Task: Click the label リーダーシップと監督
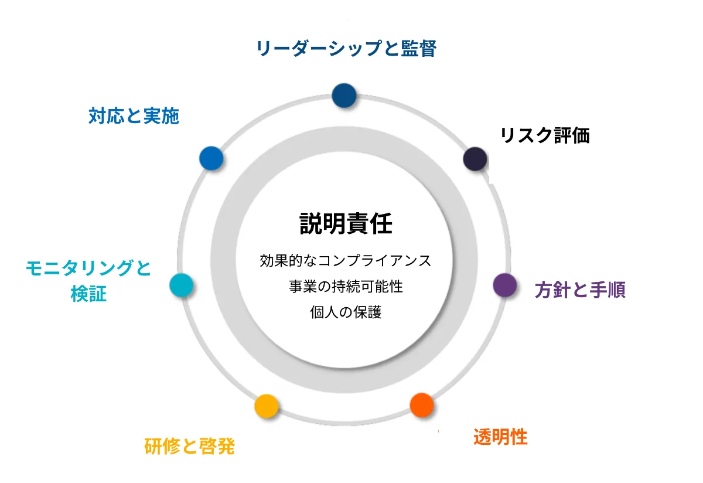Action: (x=346, y=48)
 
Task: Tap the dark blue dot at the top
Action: (x=344, y=95)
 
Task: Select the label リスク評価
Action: (x=544, y=136)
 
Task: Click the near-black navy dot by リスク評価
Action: (x=475, y=159)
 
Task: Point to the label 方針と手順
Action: (x=580, y=290)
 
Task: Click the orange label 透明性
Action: (x=500, y=437)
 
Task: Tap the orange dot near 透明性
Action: (x=422, y=404)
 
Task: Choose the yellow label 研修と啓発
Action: (x=189, y=447)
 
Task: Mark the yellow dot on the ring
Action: (x=266, y=406)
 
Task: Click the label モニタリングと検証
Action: (x=88, y=280)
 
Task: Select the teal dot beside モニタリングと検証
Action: (x=181, y=285)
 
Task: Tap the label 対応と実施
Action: (x=134, y=116)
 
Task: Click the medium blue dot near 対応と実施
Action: (x=211, y=158)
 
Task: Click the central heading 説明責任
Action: (x=346, y=223)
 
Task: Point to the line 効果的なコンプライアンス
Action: (x=346, y=260)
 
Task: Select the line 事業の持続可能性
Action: (x=346, y=287)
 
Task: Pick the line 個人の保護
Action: (x=346, y=312)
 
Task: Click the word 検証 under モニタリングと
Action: (x=88, y=294)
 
